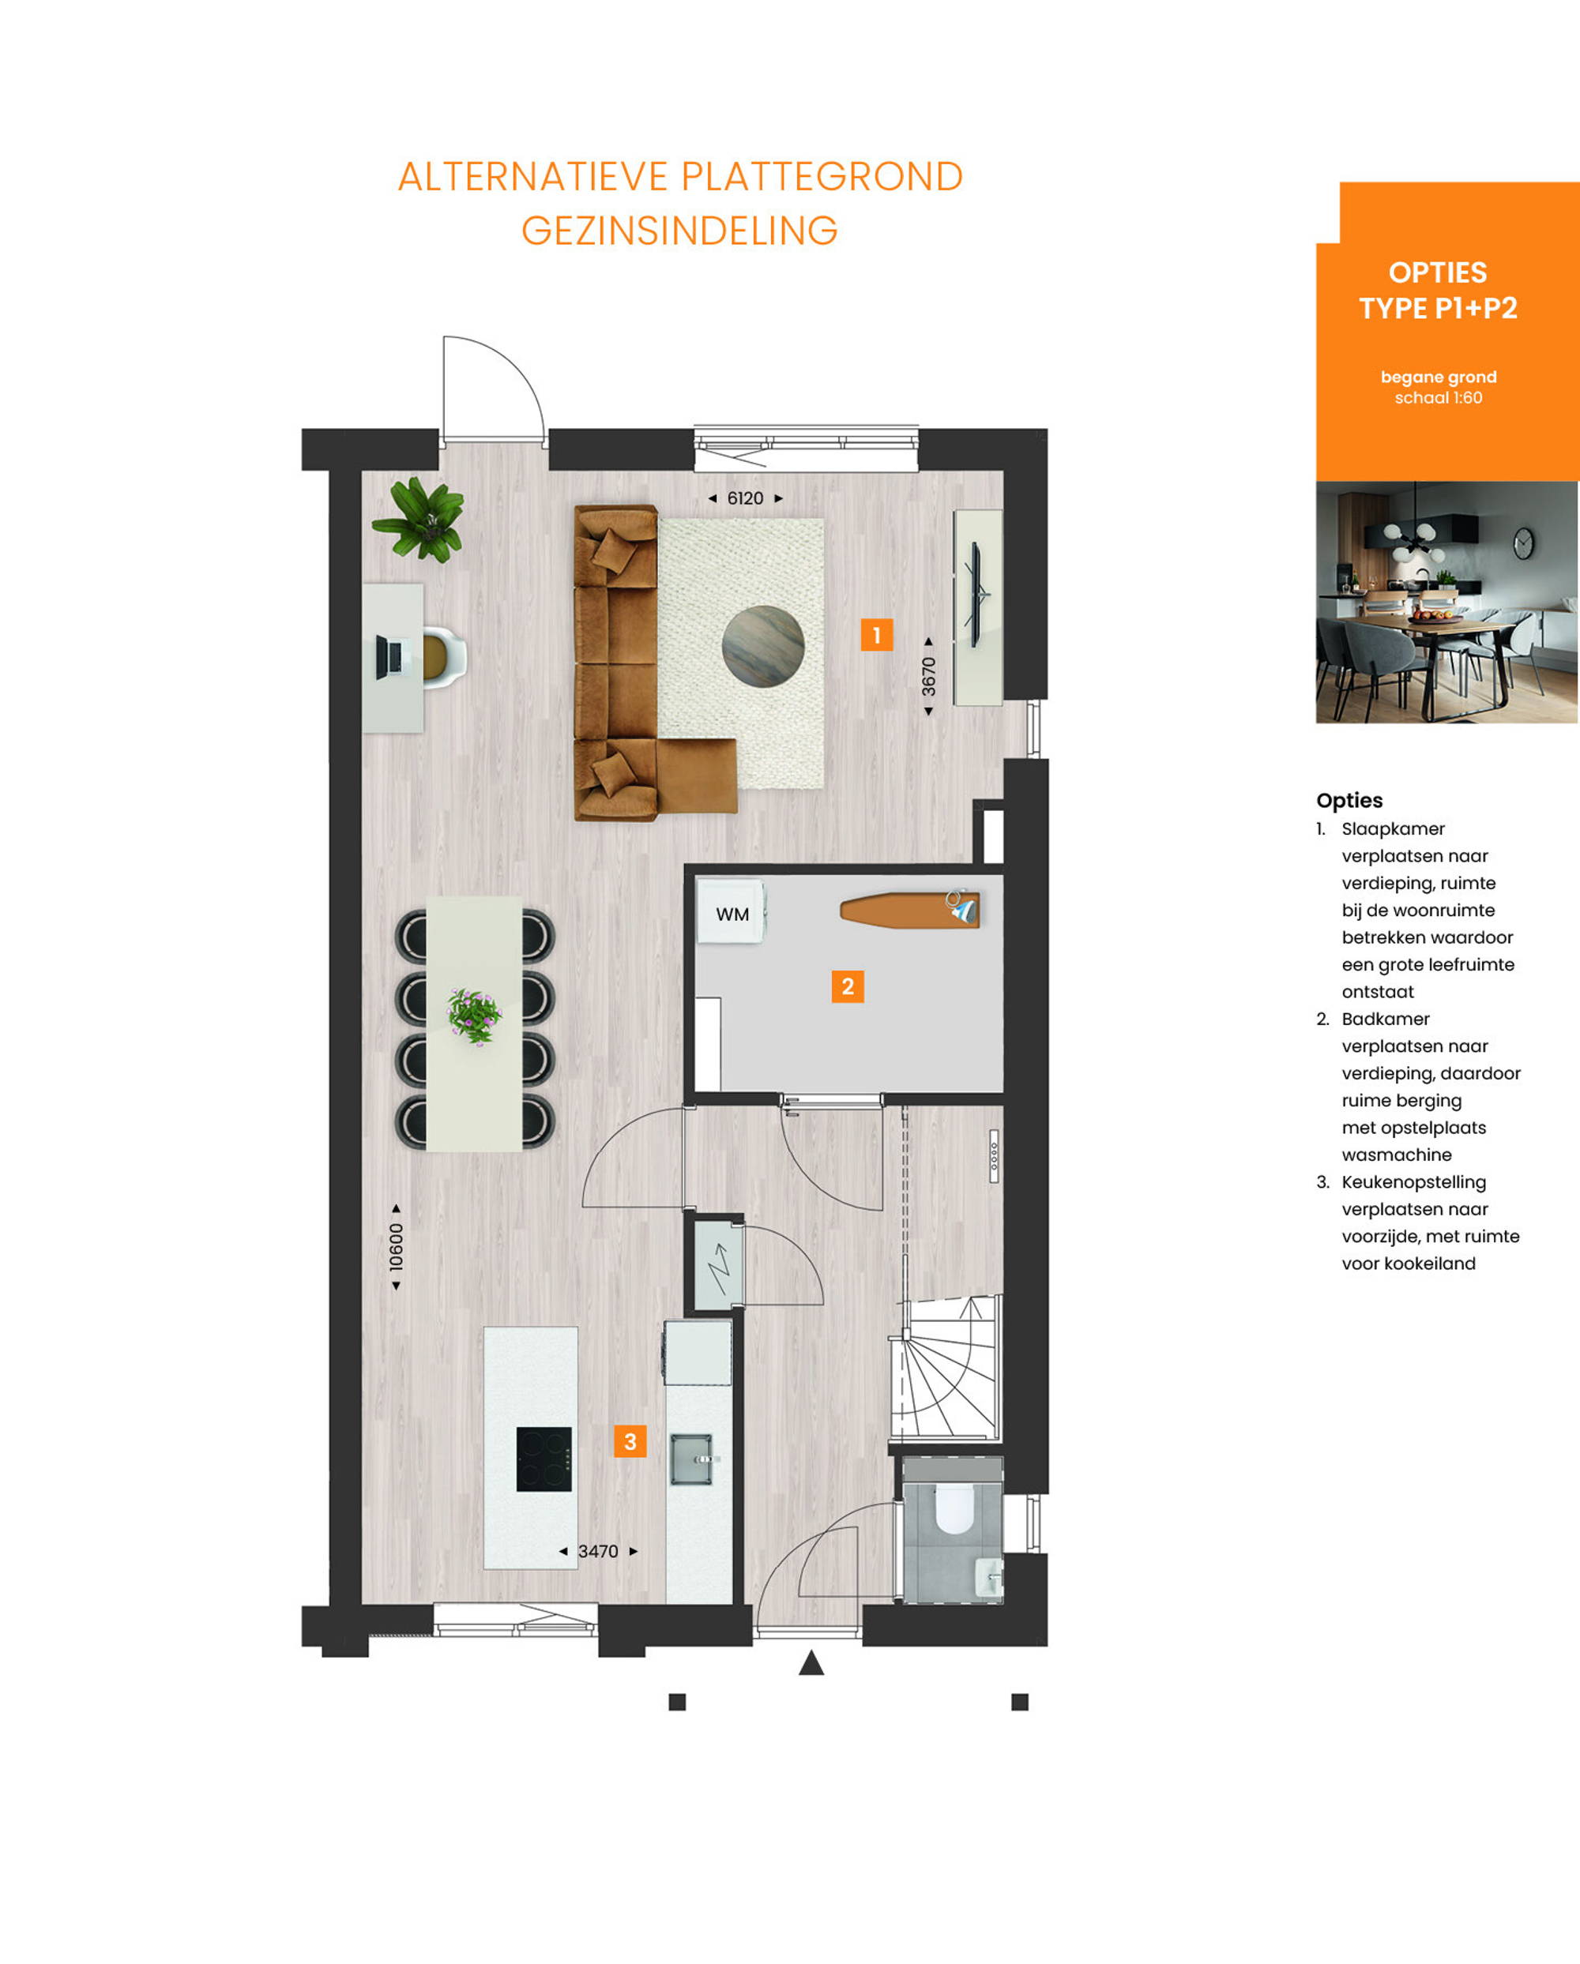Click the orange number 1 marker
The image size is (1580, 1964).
tap(877, 635)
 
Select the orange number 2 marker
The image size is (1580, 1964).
tap(848, 986)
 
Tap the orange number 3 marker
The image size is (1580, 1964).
tap(630, 1441)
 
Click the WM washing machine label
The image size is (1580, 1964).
tap(732, 914)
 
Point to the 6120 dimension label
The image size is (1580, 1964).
tap(745, 498)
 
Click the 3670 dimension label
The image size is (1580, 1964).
tap(928, 677)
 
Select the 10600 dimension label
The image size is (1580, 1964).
tap(397, 1247)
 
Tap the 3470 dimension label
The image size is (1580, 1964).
tap(598, 1551)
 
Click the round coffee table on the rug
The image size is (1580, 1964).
tap(764, 647)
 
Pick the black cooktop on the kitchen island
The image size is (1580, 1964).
tap(544, 1459)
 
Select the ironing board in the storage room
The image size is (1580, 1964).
tap(909, 910)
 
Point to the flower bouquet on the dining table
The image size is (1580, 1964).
tap(474, 1016)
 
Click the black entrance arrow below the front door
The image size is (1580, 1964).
tap(812, 1662)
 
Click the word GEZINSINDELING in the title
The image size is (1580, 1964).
tap(679, 231)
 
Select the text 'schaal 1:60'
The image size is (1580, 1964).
tap(1438, 398)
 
